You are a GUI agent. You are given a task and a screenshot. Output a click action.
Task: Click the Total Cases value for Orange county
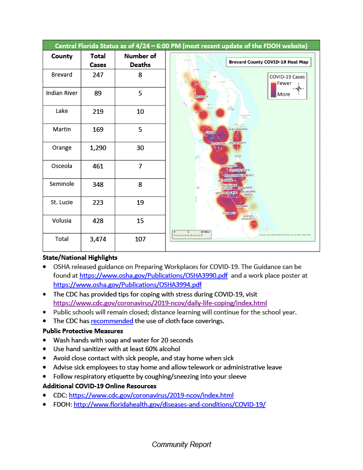tap(98, 148)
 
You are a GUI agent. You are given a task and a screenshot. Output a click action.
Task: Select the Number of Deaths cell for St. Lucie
tap(140, 202)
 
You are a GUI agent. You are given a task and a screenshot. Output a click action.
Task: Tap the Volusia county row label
tap(62, 220)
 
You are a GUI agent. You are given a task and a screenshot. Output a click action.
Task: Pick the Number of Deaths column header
tap(140, 60)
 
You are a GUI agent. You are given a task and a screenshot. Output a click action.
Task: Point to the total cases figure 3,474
tap(98, 239)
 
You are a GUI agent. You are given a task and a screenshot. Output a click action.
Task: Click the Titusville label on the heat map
tap(201, 97)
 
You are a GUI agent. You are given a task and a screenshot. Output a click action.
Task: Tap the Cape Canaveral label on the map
tap(237, 129)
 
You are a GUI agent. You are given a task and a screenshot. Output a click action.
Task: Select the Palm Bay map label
tap(229, 213)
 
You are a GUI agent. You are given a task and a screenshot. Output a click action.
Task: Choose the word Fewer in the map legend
tap(284, 84)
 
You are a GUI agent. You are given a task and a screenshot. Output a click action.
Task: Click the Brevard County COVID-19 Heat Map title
tap(269, 62)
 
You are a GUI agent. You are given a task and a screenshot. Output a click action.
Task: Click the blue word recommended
tap(112, 321)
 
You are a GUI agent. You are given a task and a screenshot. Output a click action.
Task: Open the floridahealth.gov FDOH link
tap(170, 404)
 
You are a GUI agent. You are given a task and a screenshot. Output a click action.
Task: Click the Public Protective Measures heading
tap(82, 330)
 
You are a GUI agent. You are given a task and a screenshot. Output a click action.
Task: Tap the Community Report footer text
tap(181, 444)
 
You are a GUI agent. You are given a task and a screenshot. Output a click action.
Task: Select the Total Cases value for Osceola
tap(98, 166)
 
